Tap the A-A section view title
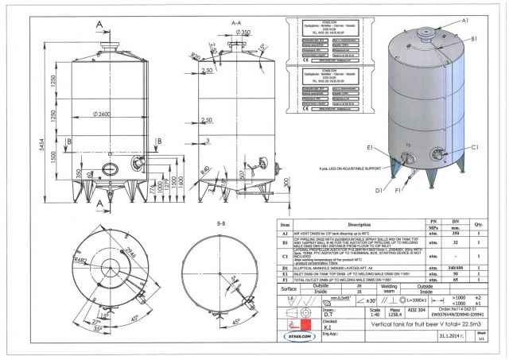pyautogui.click(x=235, y=24)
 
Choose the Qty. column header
pyautogui.click(x=479, y=225)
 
